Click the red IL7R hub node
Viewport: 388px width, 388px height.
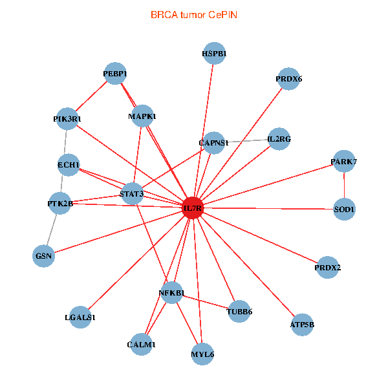coord(193,208)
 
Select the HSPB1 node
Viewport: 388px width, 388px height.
coord(214,54)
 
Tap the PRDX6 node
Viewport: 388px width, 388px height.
coord(288,79)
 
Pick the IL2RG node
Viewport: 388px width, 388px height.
coord(279,139)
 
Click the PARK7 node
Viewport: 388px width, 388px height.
coord(343,161)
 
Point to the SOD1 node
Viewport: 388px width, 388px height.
coord(344,210)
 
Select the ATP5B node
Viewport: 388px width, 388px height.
coord(302,325)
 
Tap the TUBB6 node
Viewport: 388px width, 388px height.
coord(239,312)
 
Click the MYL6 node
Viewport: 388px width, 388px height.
coord(202,354)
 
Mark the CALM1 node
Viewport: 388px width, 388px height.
coord(141,345)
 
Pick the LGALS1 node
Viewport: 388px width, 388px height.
coord(80,318)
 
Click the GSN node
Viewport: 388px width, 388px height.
coord(44,256)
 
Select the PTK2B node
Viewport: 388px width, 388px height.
coord(60,204)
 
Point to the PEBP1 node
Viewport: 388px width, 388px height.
coord(115,74)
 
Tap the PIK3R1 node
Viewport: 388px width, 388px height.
coord(67,119)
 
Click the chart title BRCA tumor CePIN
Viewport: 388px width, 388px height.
coord(194,14)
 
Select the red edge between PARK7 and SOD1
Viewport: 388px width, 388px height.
coord(344,186)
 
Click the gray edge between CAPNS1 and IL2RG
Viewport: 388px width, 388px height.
coord(246,140)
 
